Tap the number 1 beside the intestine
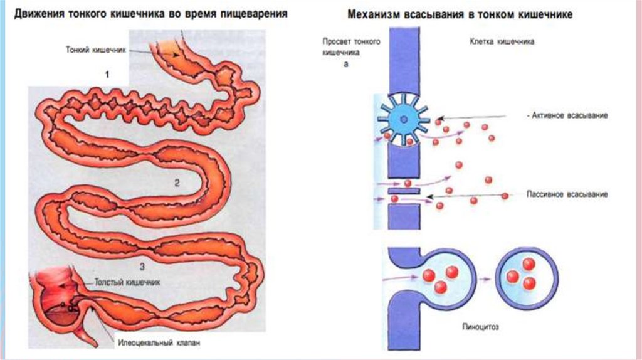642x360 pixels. click(107, 75)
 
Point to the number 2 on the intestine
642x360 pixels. click(177, 183)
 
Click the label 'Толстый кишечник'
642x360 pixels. click(127, 282)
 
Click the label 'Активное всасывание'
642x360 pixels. click(567, 117)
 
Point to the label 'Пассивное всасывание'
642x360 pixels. click(567, 195)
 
